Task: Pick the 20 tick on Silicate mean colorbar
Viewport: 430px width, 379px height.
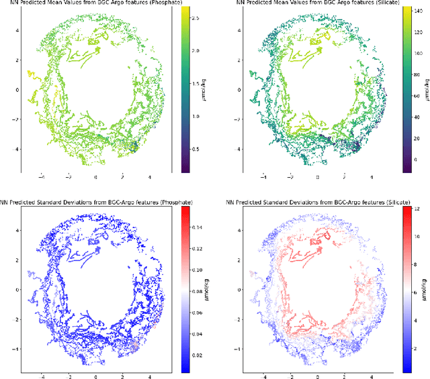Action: click(x=411, y=143)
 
